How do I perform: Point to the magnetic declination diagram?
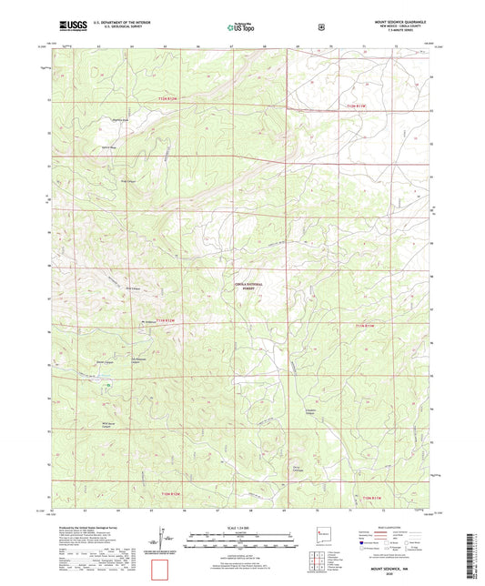(x=163, y=539)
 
